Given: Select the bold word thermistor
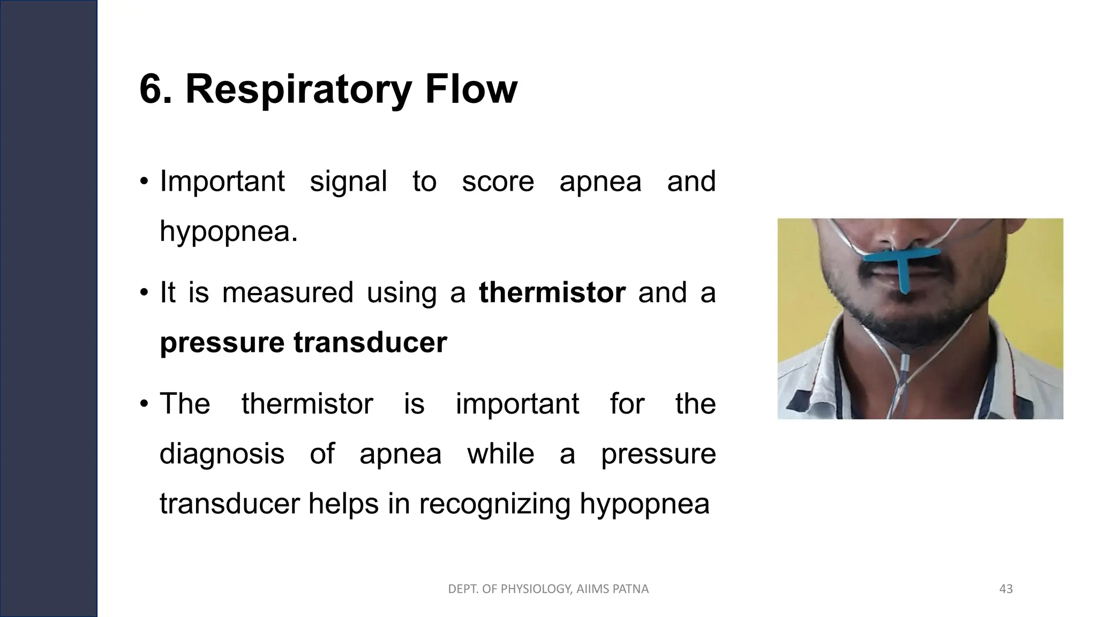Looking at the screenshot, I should coord(552,293).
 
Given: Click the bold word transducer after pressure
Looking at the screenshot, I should coord(370,343).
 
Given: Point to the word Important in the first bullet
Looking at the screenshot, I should coord(222,182).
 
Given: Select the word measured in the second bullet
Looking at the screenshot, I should coord(288,293).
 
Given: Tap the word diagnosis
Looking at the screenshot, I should coord(222,454).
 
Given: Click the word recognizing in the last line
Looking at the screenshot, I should coord(494,504).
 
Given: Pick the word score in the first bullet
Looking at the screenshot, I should coord(498,182).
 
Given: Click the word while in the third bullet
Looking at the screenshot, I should coord(500,454).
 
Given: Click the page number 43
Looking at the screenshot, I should coord(1006,589).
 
